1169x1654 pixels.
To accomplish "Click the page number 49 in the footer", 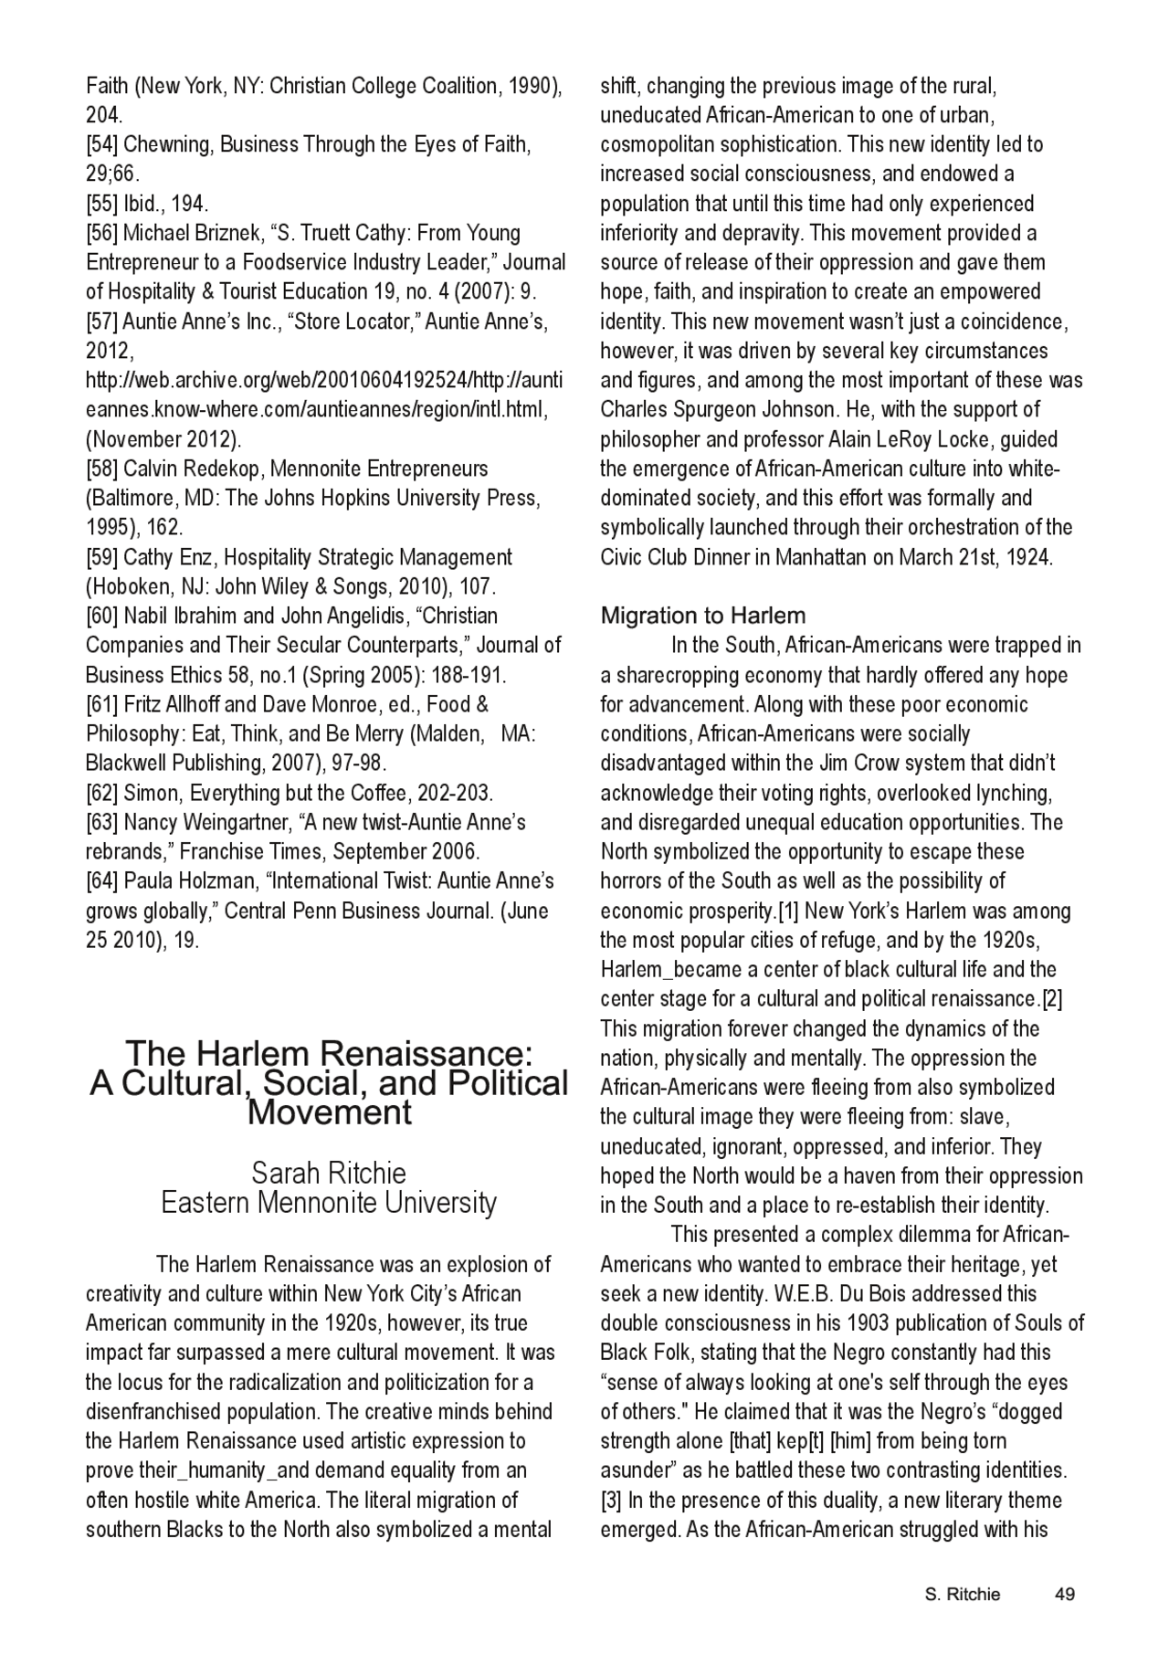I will [1064, 1594].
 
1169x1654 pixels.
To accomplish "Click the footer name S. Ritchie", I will [963, 1594].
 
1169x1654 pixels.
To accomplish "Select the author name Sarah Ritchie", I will [329, 1173].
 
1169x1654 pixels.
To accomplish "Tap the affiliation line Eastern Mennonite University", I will [329, 1203].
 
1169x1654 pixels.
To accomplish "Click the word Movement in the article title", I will [330, 1112].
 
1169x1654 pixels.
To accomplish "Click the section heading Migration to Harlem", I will [703, 616].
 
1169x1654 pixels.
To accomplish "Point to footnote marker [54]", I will [102, 144].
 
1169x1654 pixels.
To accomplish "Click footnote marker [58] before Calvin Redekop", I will [102, 469].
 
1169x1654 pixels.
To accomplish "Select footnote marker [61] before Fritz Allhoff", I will [102, 704].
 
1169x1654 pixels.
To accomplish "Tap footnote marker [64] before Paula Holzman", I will [102, 881].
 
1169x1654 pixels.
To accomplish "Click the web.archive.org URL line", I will [324, 380].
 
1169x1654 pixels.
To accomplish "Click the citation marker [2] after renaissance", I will [1052, 998].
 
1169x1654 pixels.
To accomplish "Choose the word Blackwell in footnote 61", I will [123, 763].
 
